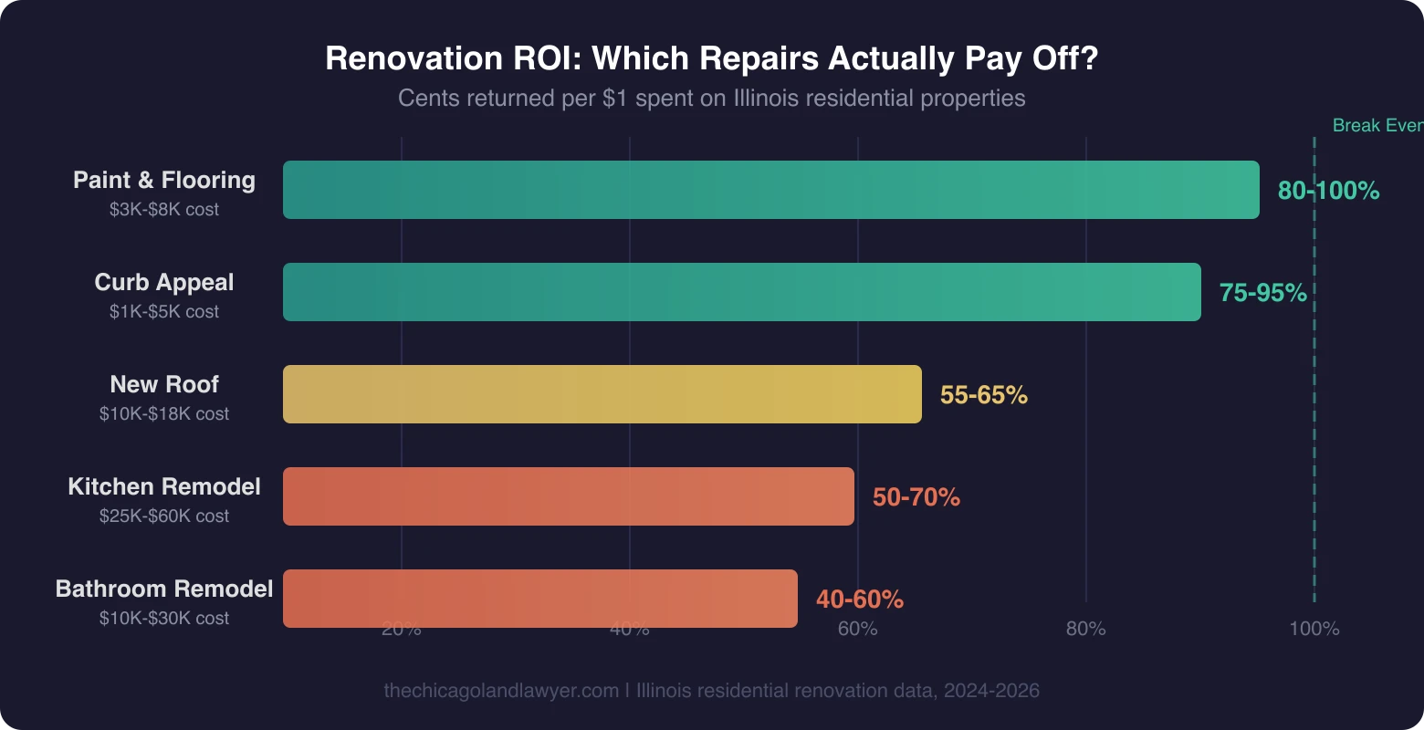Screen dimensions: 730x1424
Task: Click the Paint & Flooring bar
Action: pos(770,190)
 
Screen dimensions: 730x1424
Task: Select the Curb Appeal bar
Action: pos(741,292)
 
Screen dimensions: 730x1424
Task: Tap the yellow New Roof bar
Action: pos(602,394)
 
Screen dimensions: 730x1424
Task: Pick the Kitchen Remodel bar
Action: pos(568,496)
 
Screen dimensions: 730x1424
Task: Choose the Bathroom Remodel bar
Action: pos(539,599)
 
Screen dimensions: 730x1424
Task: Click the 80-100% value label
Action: pos(1328,191)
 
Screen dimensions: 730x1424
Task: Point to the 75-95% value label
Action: pos(1262,293)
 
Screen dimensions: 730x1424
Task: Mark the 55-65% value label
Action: pos(983,395)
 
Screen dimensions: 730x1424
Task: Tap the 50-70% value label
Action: pos(916,497)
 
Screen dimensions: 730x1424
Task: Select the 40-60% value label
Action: pos(859,600)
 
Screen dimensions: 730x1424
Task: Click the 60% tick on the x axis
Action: pos(857,629)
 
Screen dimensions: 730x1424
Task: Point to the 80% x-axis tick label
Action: pos(1085,629)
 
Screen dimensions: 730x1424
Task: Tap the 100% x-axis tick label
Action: pos(1314,629)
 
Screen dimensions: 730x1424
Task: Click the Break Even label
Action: pos(1377,126)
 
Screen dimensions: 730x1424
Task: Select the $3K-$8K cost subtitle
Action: pos(164,210)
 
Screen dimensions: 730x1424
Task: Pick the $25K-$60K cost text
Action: pos(164,516)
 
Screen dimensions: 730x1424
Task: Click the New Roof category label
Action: pos(164,384)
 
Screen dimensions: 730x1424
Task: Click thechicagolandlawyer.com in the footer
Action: pos(500,691)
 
